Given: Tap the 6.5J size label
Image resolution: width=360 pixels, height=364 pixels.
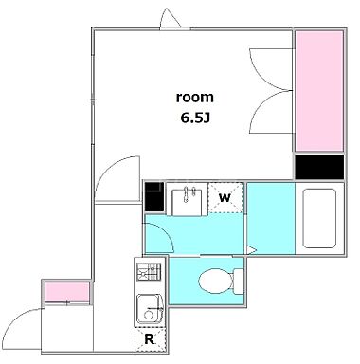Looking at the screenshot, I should point(196,119).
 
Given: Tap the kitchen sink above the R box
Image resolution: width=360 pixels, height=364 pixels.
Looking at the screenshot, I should point(149,308).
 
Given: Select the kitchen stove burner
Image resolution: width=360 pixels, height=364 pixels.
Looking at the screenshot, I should point(149,272).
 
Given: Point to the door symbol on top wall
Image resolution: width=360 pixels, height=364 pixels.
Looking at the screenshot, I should point(171,19).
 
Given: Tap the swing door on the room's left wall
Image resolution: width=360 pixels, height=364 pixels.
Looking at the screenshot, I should point(113,177).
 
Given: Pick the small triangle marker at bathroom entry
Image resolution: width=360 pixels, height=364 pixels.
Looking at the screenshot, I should point(247,248).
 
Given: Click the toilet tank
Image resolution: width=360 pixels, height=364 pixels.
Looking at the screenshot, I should point(237,281).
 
